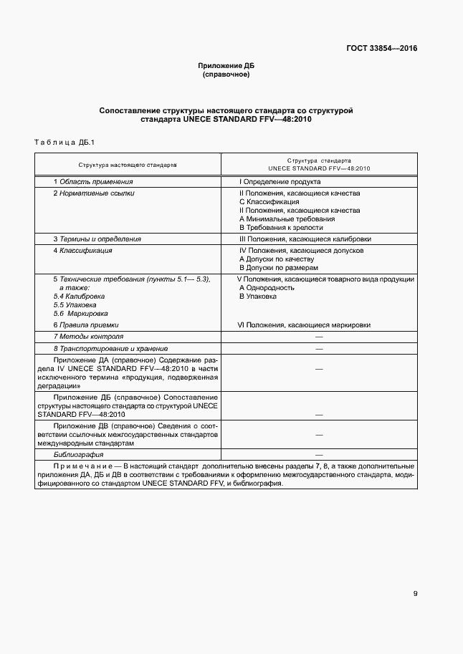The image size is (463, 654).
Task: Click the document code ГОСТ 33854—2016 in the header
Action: coord(382,49)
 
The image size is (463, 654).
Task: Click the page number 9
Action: coord(415,593)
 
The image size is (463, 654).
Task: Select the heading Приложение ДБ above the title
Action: coord(226,66)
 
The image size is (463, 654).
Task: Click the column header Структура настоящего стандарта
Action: coord(128,165)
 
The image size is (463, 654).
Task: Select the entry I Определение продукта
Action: coord(279,183)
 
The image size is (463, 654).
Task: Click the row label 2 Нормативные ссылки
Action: coord(93,193)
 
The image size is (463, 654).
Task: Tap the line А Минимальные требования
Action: coord(286,218)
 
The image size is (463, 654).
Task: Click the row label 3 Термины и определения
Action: coord(97,239)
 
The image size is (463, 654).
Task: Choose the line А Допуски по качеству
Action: coord(276,259)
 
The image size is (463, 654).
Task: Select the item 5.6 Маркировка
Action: coord(80,313)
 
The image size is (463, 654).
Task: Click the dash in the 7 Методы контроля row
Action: coord(318,337)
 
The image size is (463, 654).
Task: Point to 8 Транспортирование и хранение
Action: coord(105,347)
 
